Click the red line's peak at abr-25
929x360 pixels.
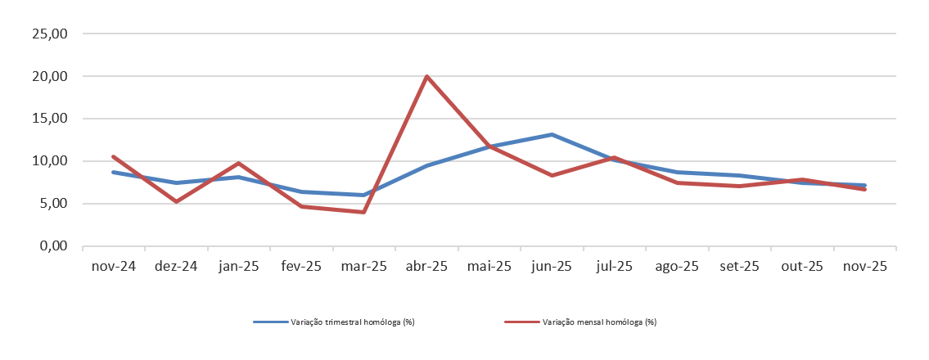tap(426, 76)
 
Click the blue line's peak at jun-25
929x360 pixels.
tap(552, 134)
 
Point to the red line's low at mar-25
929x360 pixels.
tap(363, 212)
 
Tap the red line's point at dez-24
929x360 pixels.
tap(176, 201)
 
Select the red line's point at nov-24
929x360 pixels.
tap(113, 156)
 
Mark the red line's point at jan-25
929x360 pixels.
tap(238, 163)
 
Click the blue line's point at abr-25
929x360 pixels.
tap(426, 165)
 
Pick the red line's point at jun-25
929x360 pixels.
tap(552, 175)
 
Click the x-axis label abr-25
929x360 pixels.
tap(426, 267)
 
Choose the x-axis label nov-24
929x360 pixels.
tap(113, 267)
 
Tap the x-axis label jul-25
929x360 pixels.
tap(615, 267)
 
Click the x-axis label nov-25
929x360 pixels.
tap(865, 267)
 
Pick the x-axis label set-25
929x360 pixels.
tap(740, 267)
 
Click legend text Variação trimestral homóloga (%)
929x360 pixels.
tap(353, 322)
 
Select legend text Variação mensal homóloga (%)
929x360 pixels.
tap(599, 322)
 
